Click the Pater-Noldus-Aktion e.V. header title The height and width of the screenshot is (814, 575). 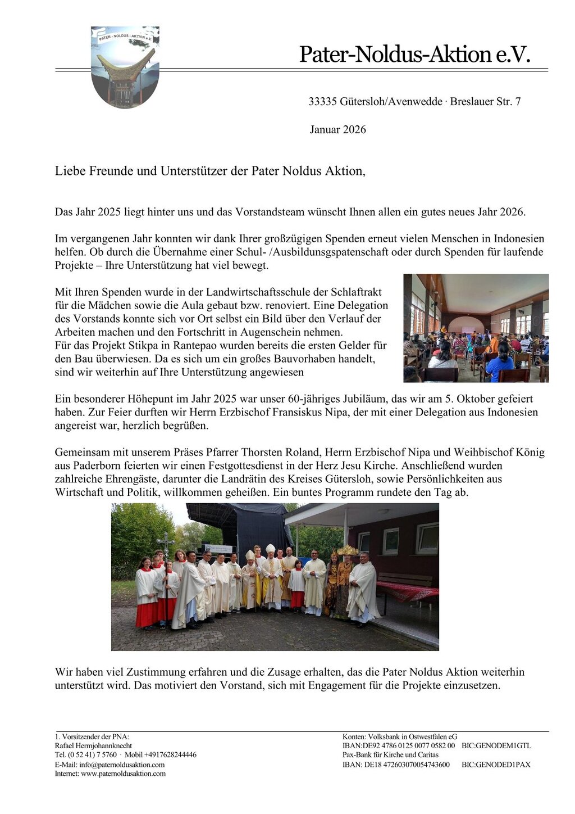(x=414, y=55)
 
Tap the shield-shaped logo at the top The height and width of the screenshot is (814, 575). (x=125, y=66)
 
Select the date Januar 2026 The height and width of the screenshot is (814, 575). (x=337, y=130)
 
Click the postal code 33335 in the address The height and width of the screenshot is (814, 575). (x=322, y=102)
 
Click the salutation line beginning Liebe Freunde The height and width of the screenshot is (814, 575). (x=210, y=171)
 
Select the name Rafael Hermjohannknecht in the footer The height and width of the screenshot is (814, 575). (x=93, y=746)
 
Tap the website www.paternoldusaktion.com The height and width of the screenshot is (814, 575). (x=123, y=774)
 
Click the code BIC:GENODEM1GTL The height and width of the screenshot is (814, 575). (x=496, y=746)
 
